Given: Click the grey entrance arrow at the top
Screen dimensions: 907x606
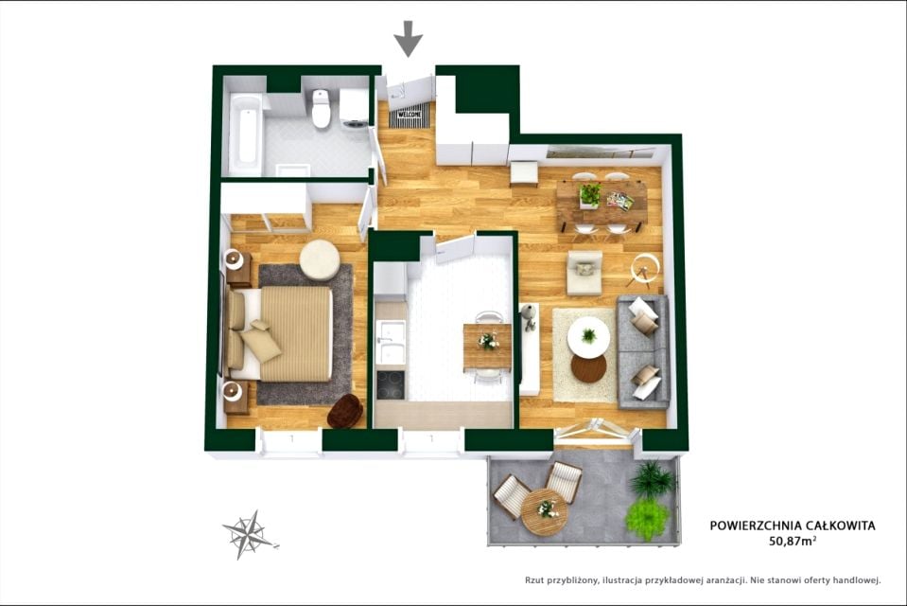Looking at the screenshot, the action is coord(409,38).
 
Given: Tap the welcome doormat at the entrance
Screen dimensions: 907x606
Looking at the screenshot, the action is coord(410,116).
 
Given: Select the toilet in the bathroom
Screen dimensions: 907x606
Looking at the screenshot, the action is coord(321,108).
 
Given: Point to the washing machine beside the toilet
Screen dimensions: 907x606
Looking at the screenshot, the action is coord(354,107).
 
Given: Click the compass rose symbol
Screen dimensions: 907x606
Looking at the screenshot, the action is coord(248,534).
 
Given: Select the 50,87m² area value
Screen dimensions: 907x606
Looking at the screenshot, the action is coord(793,541).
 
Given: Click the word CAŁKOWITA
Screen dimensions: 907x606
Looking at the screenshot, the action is coord(841,526).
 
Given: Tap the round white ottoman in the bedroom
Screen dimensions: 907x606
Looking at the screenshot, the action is coord(319,260).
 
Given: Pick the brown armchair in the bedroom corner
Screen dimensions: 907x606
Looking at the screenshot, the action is coord(345,411).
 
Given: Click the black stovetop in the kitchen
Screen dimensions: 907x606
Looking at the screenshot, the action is coord(391,385).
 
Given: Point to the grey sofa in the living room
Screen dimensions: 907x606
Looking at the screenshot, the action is coord(643,351).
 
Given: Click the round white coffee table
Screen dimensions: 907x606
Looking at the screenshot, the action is coord(588,336).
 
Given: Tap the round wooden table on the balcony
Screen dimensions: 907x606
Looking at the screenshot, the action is coord(545,512).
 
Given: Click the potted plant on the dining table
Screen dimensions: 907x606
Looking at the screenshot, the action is coord(589,195).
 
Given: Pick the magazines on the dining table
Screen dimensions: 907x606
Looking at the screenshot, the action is coord(620,201).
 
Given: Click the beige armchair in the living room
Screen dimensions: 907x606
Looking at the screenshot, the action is coord(584,273).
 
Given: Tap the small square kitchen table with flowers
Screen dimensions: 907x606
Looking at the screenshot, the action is coord(487,347).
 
